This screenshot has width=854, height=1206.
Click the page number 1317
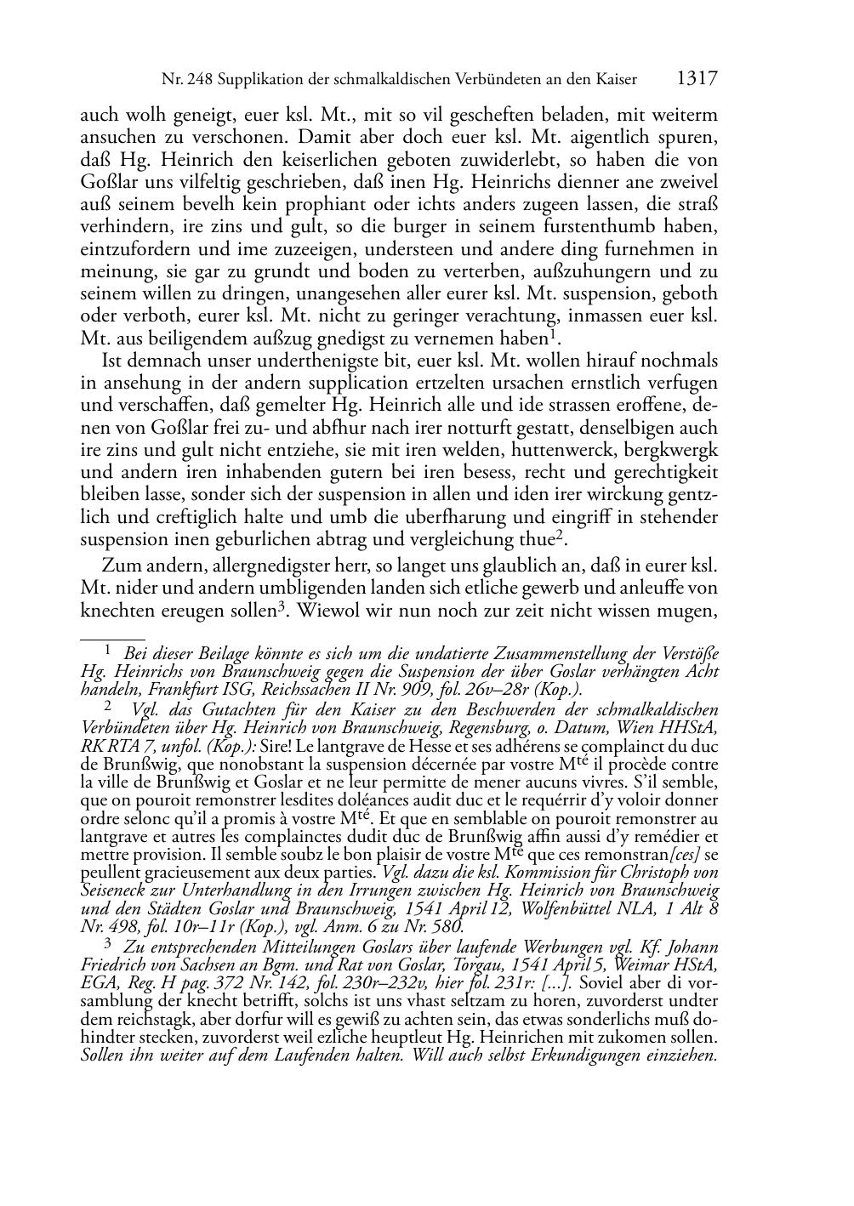point(697,79)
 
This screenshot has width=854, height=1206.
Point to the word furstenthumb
point(624,227)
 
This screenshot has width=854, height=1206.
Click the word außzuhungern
point(601,272)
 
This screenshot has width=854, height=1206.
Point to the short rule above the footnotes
point(111,638)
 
